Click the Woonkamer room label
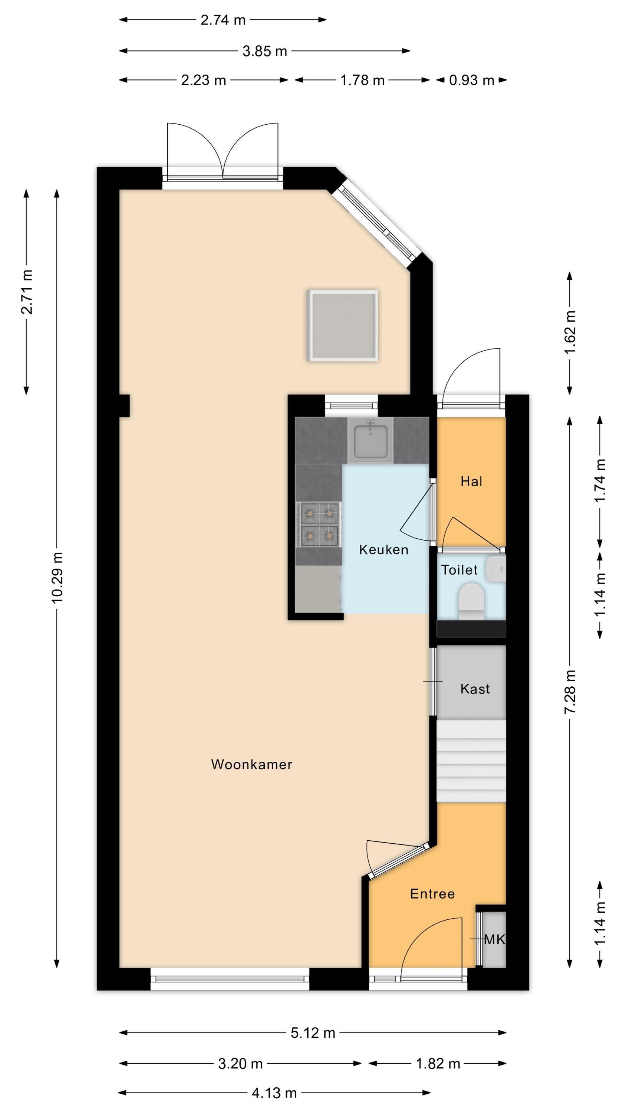(x=251, y=764)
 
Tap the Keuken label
(x=383, y=549)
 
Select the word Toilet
(x=459, y=570)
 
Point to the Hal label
(x=471, y=481)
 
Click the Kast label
(x=475, y=689)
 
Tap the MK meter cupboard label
(x=494, y=939)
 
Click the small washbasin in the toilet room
(x=496, y=569)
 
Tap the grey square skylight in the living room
(x=343, y=325)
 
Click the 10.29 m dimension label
(x=58, y=577)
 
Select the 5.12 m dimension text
(x=313, y=1032)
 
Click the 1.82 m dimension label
(x=438, y=1063)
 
